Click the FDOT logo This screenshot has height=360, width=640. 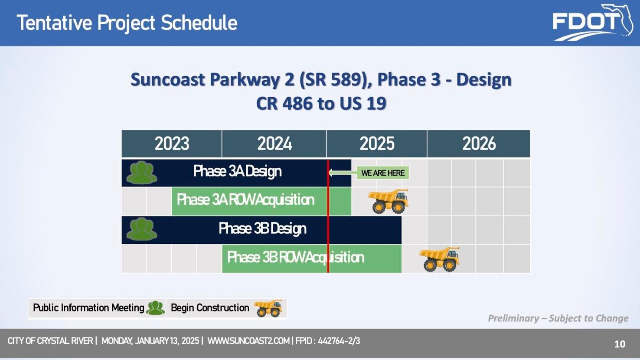(592, 23)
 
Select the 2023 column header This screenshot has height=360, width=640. (172, 144)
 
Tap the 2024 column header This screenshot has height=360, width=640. (274, 144)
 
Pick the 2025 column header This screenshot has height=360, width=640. (377, 144)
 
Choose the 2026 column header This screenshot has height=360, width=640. (479, 144)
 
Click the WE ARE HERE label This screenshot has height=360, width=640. (382, 173)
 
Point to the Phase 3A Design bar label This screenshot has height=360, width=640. (237, 171)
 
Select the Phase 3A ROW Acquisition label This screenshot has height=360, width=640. (245, 200)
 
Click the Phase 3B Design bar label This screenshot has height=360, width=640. (262, 229)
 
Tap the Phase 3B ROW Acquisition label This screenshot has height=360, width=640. (295, 258)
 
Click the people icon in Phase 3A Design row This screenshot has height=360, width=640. (142, 173)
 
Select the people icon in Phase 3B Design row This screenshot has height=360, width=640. (142, 229)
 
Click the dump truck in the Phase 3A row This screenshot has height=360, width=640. (389, 201)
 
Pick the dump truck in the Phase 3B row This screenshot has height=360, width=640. (440, 259)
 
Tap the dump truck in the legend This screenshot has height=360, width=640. (268, 308)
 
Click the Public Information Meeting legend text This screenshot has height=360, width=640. (88, 308)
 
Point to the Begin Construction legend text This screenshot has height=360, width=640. (210, 308)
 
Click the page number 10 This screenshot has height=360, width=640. (620, 344)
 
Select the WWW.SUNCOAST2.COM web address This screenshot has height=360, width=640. (248, 341)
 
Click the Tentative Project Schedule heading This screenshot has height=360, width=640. (127, 23)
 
